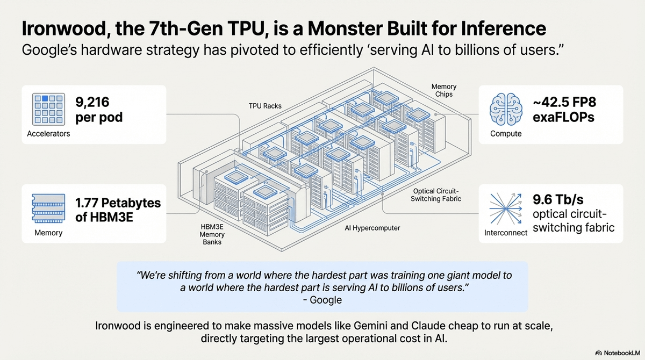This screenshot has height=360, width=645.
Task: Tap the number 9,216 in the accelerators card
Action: pyautogui.click(x=95, y=102)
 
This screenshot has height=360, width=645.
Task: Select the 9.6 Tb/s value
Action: pyautogui.click(x=557, y=200)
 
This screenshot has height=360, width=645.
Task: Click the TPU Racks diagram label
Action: pyautogui.click(x=264, y=106)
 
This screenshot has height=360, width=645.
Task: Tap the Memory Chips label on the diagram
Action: pyautogui.click(x=444, y=90)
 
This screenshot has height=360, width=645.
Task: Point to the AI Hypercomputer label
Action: pyautogui.click(x=372, y=228)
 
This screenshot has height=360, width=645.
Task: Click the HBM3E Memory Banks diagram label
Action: pyautogui.click(x=212, y=234)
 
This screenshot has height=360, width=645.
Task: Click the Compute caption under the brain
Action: pyautogui.click(x=506, y=133)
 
